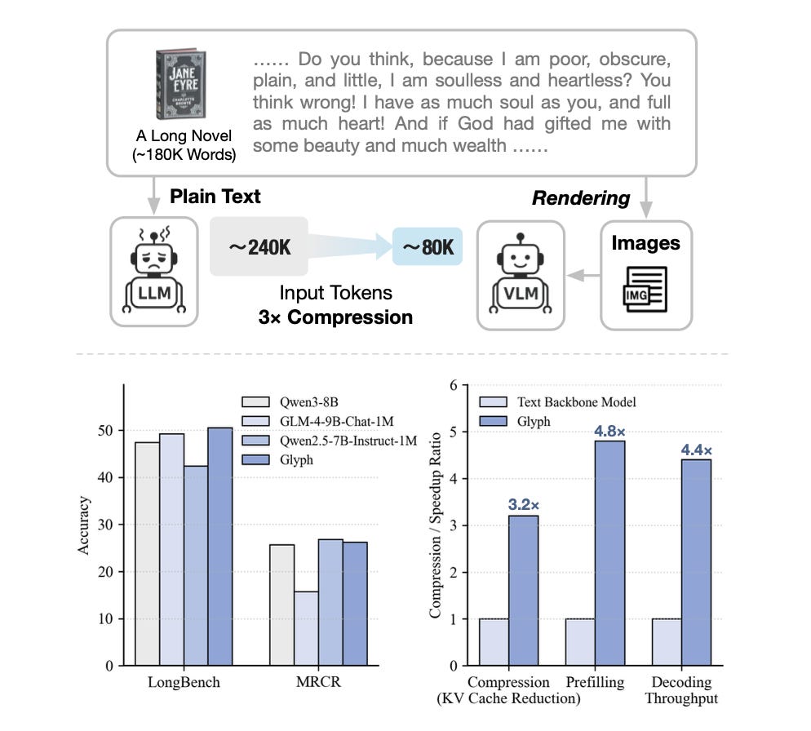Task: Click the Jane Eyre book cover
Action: point(179,85)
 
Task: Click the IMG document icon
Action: point(645,289)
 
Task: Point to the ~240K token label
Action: point(258,246)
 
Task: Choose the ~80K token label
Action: point(427,246)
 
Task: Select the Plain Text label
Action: point(215,197)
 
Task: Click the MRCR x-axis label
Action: point(319,683)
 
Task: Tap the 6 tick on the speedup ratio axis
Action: point(452,385)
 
